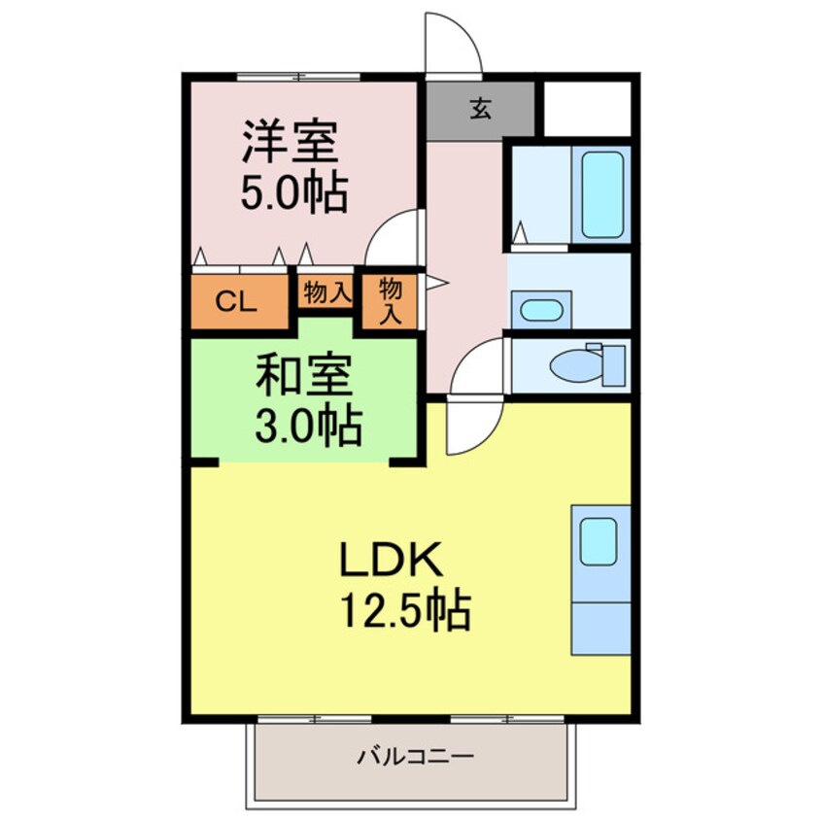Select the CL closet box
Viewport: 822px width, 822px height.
click(x=236, y=302)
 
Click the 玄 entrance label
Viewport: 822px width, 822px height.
click(x=480, y=107)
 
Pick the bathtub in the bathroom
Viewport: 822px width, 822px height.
click(x=600, y=194)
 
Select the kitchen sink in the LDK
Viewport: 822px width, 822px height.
click(x=599, y=541)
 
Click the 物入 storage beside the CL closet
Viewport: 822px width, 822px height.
click(x=326, y=292)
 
